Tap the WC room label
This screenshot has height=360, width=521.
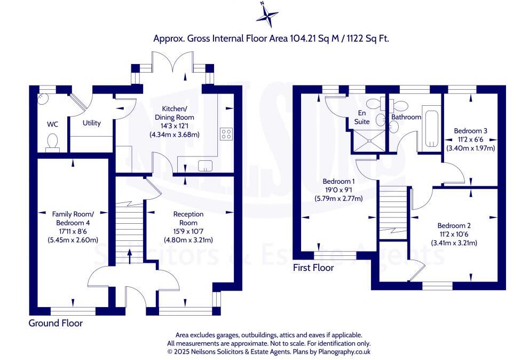(52, 124)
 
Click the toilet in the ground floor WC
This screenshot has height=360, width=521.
(52, 143)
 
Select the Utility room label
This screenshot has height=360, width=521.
(92, 123)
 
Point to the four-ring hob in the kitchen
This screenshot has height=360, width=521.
(226, 134)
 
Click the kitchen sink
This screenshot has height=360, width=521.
(205, 166)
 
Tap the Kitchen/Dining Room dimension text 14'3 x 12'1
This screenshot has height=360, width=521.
(175, 126)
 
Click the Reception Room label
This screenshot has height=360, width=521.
(188, 218)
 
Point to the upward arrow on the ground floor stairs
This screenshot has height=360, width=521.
(130, 256)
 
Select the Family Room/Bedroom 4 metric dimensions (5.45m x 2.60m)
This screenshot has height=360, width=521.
(73, 240)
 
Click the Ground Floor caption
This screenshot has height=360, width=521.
(56, 323)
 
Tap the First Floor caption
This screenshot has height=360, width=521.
(313, 268)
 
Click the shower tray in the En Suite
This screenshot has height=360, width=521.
(369, 141)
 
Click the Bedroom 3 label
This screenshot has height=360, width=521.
(470, 131)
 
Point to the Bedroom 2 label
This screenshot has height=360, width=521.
(454, 226)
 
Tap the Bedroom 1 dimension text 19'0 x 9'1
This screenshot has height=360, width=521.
(338, 190)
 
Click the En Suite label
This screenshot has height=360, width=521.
(362, 118)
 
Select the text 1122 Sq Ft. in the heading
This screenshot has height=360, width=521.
(368, 38)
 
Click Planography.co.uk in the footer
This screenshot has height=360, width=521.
(344, 351)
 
